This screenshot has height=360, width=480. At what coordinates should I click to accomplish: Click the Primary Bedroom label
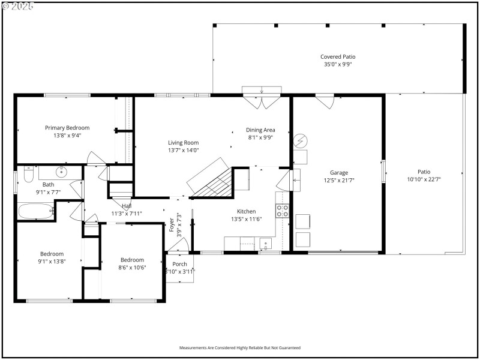[x=67, y=128]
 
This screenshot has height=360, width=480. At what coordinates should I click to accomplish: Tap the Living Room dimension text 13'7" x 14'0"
[x=183, y=151]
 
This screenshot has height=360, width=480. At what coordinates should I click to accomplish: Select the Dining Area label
[x=260, y=130]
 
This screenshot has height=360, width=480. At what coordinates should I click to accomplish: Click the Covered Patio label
[x=338, y=57]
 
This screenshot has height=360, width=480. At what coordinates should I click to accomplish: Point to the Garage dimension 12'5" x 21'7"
[x=339, y=179]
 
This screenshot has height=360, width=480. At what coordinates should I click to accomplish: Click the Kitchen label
[x=246, y=211]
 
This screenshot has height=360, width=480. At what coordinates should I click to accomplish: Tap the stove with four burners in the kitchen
[x=283, y=211]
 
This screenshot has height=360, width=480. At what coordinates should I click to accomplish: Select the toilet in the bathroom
[x=28, y=175]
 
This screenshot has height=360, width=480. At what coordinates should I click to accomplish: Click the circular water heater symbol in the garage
[x=299, y=142]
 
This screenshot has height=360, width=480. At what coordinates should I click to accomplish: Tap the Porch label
[x=179, y=264]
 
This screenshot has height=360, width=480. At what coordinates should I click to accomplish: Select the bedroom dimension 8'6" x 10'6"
[x=131, y=268]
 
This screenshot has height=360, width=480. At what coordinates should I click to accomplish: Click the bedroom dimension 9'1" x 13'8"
[x=52, y=262]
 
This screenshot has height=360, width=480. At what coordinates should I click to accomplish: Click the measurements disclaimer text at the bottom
[x=240, y=347]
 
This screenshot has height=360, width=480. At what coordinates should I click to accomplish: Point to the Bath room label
[x=48, y=185]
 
